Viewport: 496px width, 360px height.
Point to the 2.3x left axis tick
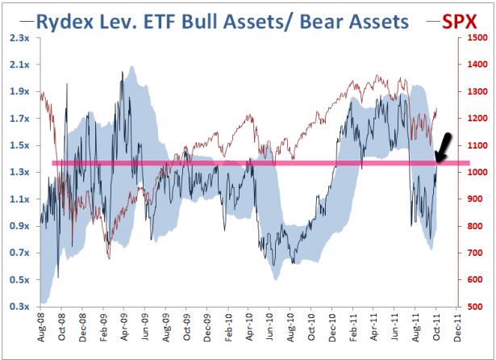click(x=19, y=38)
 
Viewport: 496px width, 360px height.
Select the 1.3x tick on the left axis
click(x=19, y=173)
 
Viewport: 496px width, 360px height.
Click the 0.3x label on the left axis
click(x=19, y=307)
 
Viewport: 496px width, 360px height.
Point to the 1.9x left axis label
click(x=19, y=92)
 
